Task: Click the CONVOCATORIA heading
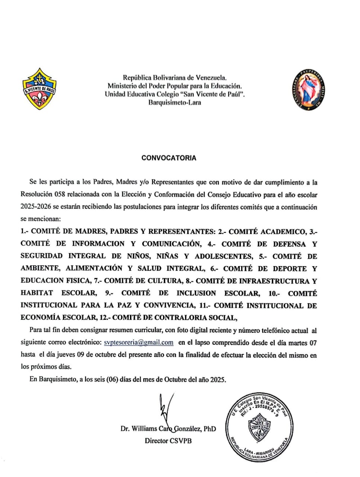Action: (x=169, y=158)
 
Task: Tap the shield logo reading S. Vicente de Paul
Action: (x=39, y=89)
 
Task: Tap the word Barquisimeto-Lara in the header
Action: (x=175, y=102)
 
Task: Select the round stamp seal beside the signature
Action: (x=257, y=426)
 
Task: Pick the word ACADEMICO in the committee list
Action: (x=283, y=231)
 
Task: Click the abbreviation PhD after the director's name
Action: (x=210, y=429)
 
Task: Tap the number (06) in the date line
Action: (x=112, y=380)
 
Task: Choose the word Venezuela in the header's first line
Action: (x=210, y=78)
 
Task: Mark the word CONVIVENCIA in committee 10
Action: (x=169, y=305)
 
